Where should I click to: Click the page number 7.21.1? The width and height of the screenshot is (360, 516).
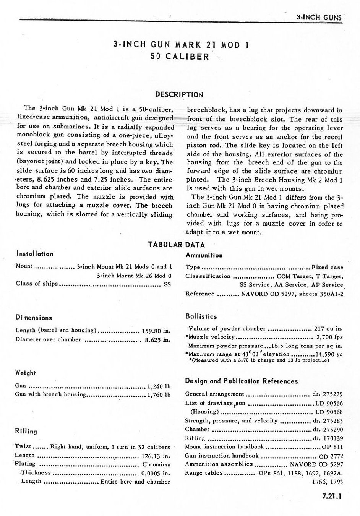331,497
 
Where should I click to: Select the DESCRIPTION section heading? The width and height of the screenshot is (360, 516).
179,94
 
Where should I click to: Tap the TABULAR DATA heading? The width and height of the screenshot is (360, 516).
177,245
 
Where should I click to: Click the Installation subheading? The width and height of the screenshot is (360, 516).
34,254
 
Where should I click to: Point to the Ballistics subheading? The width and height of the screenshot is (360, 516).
201,316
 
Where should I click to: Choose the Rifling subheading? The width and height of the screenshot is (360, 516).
26,431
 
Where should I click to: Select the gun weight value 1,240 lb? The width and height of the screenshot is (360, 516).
158,386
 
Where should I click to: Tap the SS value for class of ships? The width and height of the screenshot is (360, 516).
167,284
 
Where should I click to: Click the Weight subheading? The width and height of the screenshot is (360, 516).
26,373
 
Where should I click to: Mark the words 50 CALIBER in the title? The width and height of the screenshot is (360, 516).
180,56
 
